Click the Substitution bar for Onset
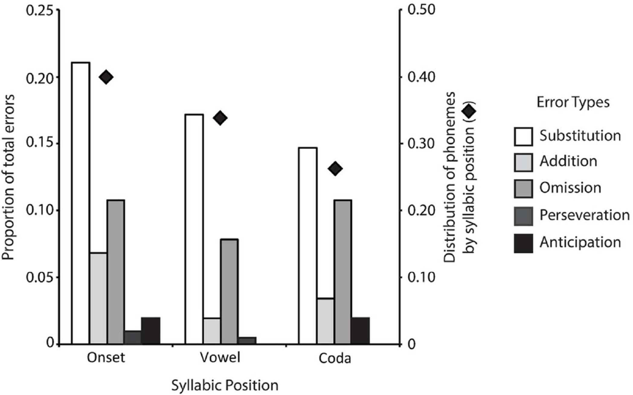pyautogui.click(x=81, y=203)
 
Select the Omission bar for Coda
pyautogui.click(x=343, y=272)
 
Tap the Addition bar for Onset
pyautogui.click(x=98, y=298)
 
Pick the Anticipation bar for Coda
pyautogui.click(x=360, y=331)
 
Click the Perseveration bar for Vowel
pyautogui.click(x=247, y=341)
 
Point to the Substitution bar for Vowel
pyautogui.click(x=194, y=229)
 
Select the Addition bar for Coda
pyautogui.click(x=326, y=321)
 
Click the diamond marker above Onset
pyautogui.click(x=106, y=77)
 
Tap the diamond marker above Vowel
pyautogui.click(x=220, y=118)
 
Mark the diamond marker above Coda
pyautogui.click(x=335, y=169)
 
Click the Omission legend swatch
pyautogui.click(x=523, y=189)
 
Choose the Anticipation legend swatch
pyautogui.click(x=523, y=243)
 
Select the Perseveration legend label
pyautogui.click(x=584, y=215)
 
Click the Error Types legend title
pyautogui.click(x=573, y=102)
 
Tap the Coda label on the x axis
pyautogui.click(x=335, y=358)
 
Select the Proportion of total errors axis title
pyautogui.click(x=8, y=178)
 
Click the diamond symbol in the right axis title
pyautogui.click(x=469, y=111)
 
